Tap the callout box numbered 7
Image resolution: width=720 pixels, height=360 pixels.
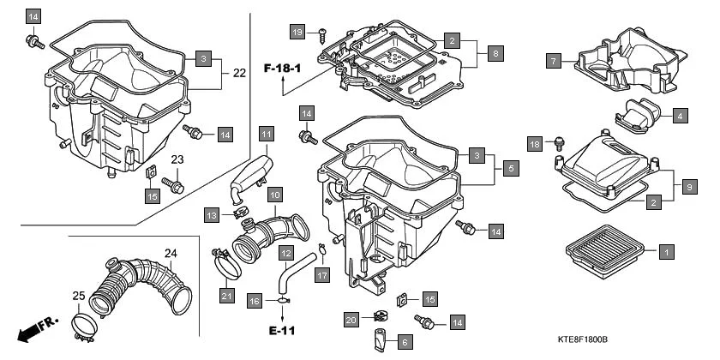(x=555, y=60)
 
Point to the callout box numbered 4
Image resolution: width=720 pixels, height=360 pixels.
(x=679, y=114)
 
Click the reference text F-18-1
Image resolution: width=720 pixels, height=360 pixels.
(x=284, y=68)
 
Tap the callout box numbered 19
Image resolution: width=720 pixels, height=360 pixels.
(x=297, y=32)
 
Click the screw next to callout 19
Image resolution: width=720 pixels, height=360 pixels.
(x=321, y=34)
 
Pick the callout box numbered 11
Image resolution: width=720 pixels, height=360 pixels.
(x=267, y=135)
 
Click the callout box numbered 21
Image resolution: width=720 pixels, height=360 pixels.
(x=226, y=297)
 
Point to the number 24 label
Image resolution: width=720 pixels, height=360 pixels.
(x=171, y=253)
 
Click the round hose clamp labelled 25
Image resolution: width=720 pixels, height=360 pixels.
(x=87, y=325)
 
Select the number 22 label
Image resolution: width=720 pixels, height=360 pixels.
(x=238, y=73)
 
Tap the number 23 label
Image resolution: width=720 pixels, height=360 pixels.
(x=177, y=159)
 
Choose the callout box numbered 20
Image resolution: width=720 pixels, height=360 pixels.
(x=351, y=320)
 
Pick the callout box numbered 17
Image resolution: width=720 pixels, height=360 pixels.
(x=321, y=275)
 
